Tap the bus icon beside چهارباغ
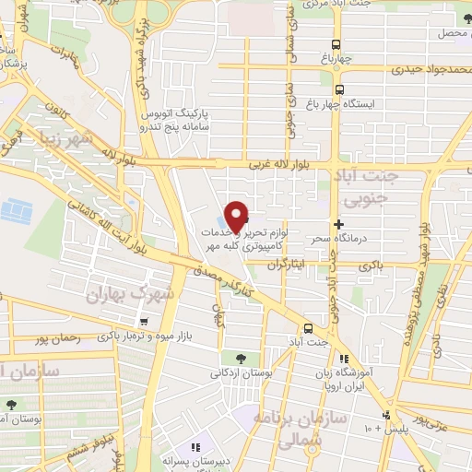(336, 44)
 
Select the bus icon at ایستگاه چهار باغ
(340, 90)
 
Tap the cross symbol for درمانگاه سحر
(338, 224)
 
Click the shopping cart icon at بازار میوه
(143, 321)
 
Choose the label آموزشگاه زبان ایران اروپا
(380, 367)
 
